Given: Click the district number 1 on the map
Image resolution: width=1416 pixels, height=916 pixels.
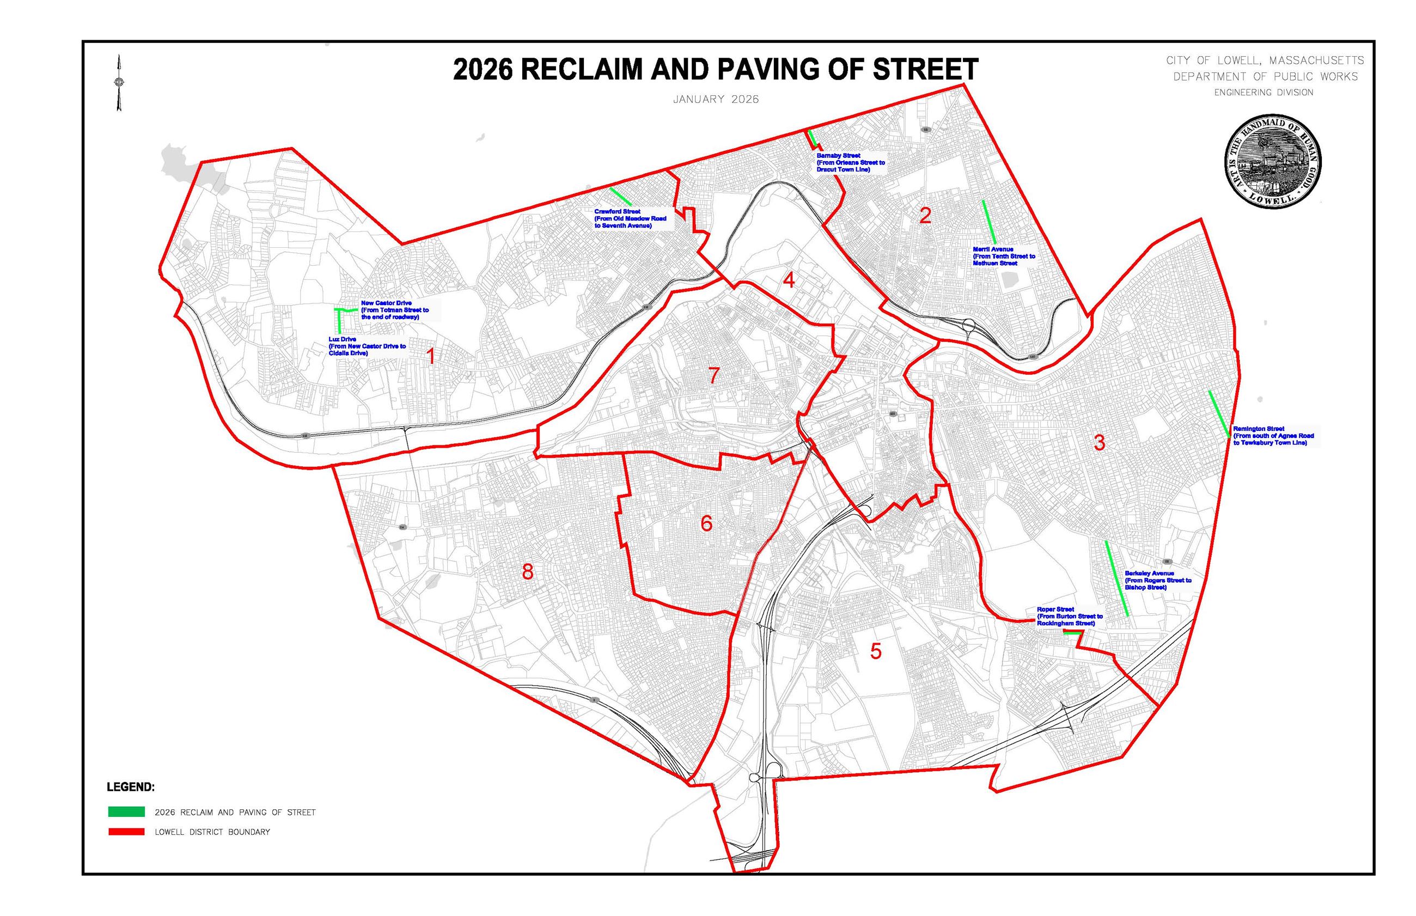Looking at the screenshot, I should [431, 356].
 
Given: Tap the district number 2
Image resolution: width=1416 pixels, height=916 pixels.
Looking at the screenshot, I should [925, 215].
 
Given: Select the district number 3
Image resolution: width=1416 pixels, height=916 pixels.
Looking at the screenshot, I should [1100, 443].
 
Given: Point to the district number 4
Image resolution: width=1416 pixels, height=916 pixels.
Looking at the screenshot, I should [789, 279].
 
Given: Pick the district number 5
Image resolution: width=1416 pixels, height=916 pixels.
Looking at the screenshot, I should [875, 651].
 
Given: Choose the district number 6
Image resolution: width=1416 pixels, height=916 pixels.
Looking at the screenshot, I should [706, 523].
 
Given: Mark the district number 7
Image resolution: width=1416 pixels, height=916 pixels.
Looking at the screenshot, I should [714, 376].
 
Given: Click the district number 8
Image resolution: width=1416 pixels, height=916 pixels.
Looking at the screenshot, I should [528, 572].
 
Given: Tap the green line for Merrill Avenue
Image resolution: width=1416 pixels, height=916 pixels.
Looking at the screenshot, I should [989, 222].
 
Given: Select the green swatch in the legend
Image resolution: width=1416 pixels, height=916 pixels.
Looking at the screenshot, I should [126, 812].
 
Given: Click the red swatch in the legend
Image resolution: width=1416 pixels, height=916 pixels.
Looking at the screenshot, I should [126, 832].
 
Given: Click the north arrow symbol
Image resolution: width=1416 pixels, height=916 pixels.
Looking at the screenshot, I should [119, 83].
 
